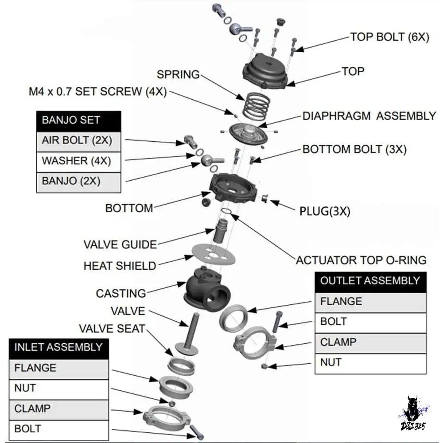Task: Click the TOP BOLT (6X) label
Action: pos(389,37)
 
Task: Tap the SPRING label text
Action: pos(178,74)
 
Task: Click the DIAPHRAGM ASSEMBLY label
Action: pos(369,116)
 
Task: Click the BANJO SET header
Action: pos(79,121)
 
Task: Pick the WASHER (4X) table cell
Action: pos(79,162)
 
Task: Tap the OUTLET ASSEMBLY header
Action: pos(371,282)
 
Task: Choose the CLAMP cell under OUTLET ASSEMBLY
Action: pos(371,343)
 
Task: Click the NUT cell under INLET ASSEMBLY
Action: pos(59,389)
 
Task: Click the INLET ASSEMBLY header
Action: pos(59,349)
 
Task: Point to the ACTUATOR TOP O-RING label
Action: pos(361,260)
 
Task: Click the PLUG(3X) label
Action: pos(325,211)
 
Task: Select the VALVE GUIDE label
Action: pos(120,245)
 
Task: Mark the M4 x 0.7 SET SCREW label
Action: pos(98,92)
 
